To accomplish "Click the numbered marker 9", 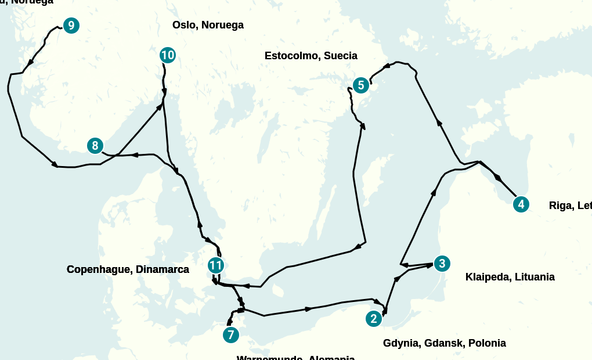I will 71,26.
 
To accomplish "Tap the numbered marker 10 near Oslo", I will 168,55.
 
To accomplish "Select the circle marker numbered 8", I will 95,146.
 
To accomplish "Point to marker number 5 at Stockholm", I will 360,85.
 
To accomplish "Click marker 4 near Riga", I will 521,204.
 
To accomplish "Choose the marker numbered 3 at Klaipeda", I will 442,264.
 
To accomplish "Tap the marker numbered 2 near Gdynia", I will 373,318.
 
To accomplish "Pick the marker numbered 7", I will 230,335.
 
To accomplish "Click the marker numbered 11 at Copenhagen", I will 216,266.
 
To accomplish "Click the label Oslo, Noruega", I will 208,25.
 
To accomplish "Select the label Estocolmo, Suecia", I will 311,56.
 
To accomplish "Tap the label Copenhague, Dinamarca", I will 128,269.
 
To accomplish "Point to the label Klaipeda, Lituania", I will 510,277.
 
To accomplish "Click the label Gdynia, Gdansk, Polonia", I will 444,343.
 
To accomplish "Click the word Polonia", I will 487,343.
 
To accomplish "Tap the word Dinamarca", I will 162,269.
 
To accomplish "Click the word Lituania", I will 533,277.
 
